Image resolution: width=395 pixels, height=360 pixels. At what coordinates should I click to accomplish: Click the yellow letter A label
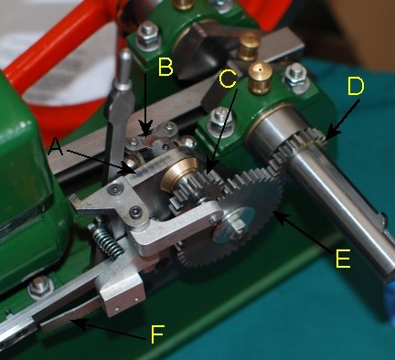pyautogui.click(x=56, y=146)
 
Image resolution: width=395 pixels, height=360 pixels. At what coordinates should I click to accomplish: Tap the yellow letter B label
pyautogui.click(x=165, y=67)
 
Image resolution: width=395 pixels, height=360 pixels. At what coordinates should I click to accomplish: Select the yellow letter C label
pyautogui.click(x=228, y=79)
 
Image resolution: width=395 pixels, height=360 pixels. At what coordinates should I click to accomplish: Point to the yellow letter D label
pyautogui.click(x=356, y=86)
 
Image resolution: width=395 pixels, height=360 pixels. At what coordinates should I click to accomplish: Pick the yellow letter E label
pyautogui.click(x=343, y=259)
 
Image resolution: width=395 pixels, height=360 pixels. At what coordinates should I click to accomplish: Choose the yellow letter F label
pyautogui.click(x=157, y=334)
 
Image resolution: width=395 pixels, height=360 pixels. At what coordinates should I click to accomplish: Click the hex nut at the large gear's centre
pyautogui.click(x=236, y=227)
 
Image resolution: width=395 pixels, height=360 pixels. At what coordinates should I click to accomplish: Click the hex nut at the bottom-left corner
pyautogui.click(x=39, y=287)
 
